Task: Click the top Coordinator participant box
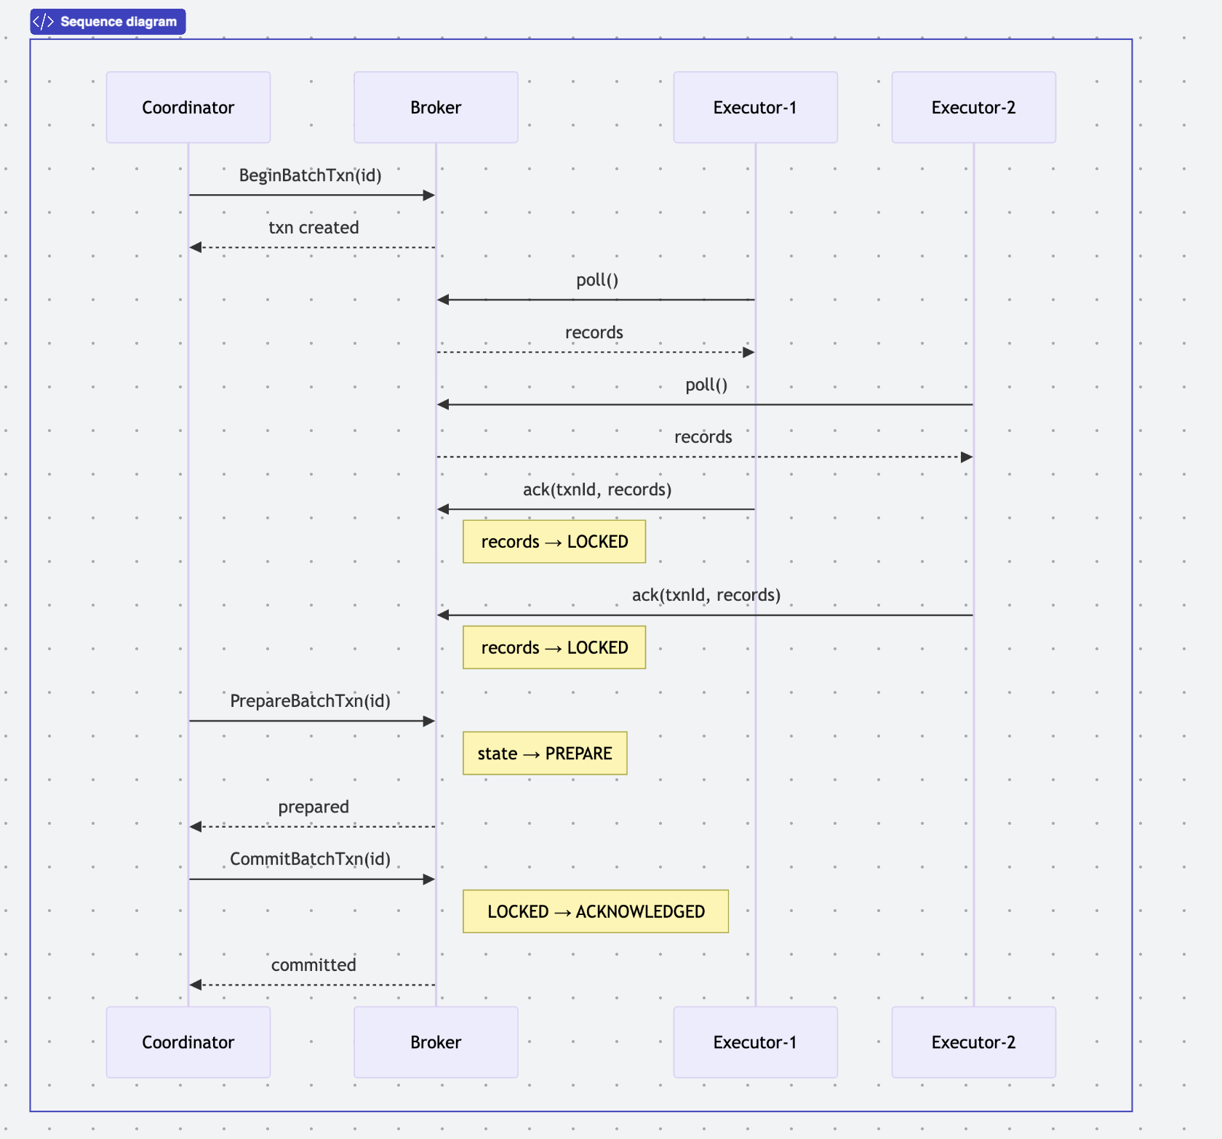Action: point(188,107)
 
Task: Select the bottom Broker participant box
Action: point(436,1042)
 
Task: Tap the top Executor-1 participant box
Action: point(755,107)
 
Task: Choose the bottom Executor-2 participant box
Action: point(973,1042)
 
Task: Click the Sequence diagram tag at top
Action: point(108,22)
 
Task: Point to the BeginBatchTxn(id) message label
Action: point(311,175)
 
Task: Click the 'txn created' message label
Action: point(314,228)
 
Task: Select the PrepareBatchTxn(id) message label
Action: point(311,701)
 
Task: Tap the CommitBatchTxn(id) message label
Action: point(311,859)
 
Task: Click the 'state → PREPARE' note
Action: point(545,754)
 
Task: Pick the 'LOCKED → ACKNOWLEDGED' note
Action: point(596,911)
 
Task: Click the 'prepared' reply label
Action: point(314,807)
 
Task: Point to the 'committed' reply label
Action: point(314,965)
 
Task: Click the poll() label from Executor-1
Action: point(597,280)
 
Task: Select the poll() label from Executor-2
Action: point(706,385)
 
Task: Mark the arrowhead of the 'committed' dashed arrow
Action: point(195,985)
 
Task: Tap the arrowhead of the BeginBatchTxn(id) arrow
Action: point(429,195)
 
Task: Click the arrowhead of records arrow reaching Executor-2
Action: point(967,457)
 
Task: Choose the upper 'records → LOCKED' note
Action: point(554,542)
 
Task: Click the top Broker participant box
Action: point(436,107)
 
